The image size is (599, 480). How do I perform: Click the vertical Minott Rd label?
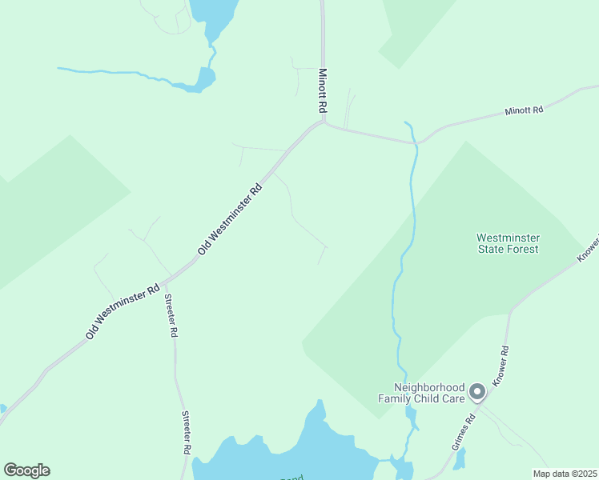(324, 89)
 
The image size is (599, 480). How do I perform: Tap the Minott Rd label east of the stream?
(524, 110)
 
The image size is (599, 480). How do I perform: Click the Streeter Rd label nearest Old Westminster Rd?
(169, 317)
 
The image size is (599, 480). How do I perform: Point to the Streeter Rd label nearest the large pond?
(186, 433)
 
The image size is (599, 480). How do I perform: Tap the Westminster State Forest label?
(508, 243)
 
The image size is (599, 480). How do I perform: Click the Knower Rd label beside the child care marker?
(502, 366)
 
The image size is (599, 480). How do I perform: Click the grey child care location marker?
(477, 391)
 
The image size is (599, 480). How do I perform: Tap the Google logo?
(26, 470)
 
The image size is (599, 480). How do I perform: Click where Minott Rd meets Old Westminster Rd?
(322, 122)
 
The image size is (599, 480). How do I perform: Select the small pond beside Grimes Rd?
(459, 458)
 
